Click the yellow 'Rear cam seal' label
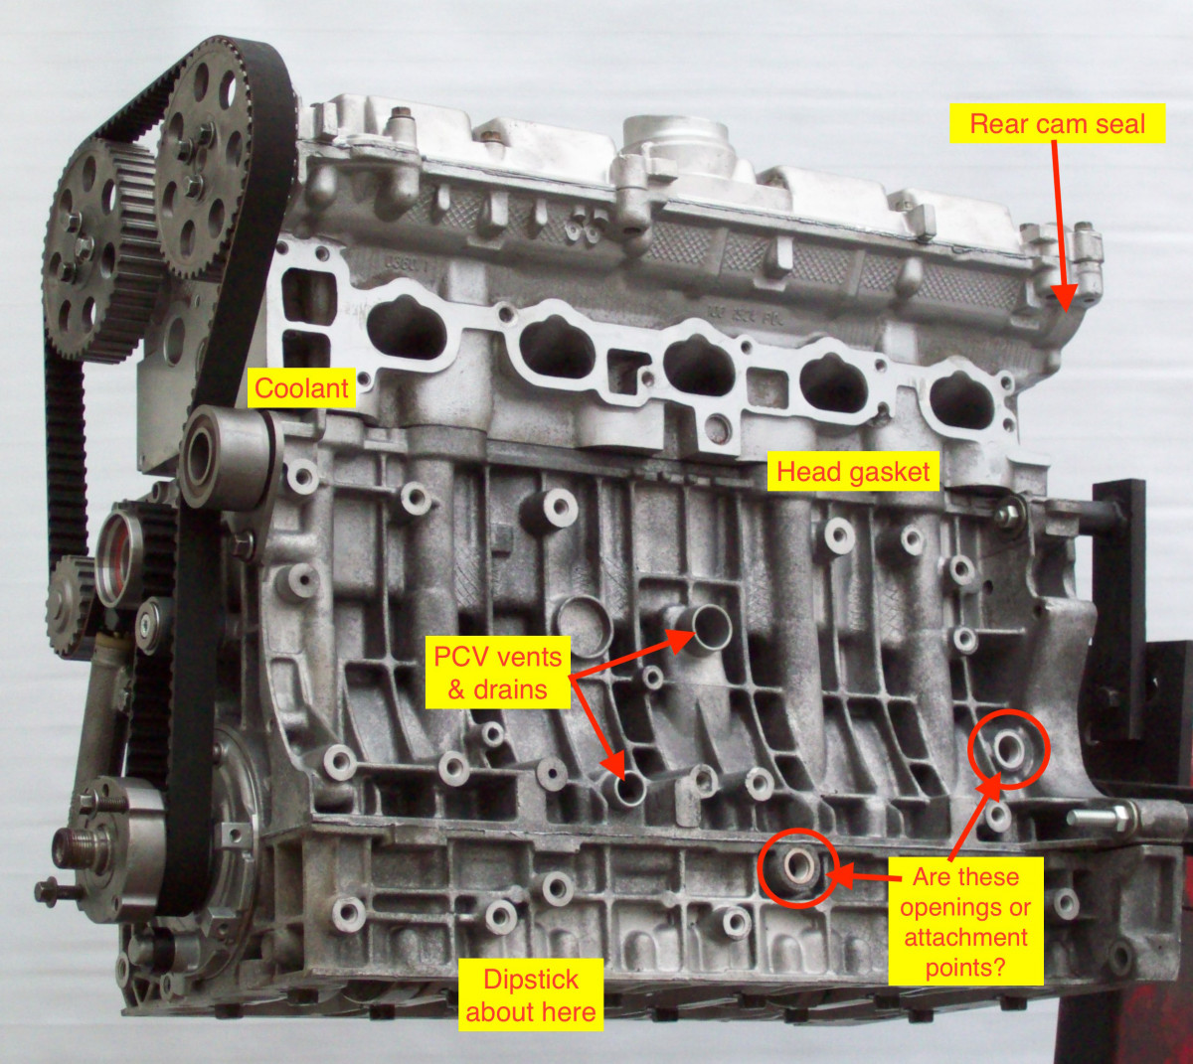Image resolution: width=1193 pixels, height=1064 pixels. (1057, 123)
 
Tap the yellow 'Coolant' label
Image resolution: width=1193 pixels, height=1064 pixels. (301, 387)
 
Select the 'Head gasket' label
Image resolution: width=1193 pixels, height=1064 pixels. (853, 472)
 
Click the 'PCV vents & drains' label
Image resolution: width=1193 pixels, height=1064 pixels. (497, 673)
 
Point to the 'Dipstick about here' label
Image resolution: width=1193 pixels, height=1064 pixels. (531, 994)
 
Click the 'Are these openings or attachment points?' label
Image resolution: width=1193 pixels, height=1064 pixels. (964, 921)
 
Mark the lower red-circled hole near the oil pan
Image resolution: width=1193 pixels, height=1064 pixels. (797, 866)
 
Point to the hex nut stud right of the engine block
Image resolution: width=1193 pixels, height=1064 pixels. (1118, 817)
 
